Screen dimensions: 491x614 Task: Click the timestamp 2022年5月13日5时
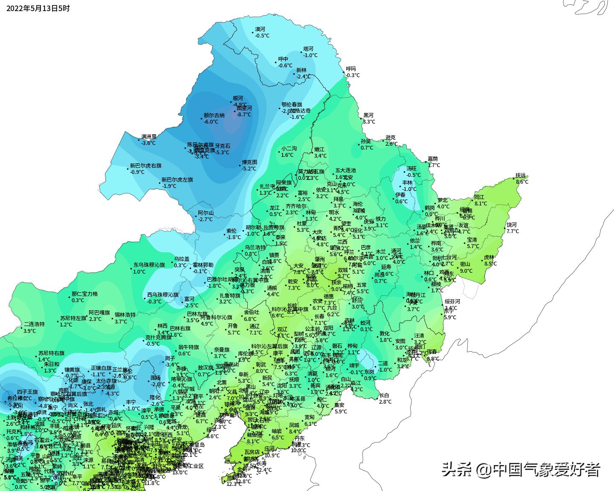click(38, 8)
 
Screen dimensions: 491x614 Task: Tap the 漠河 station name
click(260, 29)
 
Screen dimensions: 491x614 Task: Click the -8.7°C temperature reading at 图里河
click(244, 114)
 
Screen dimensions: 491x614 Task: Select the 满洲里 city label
click(149, 137)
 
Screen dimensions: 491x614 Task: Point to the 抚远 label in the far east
click(521, 175)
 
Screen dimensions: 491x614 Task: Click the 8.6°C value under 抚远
click(522, 182)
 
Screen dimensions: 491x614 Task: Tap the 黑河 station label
click(368, 116)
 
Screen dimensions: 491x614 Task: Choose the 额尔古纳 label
click(214, 116)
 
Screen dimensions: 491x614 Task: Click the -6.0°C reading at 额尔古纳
click(211, 122)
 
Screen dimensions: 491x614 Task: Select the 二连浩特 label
click(34, 324)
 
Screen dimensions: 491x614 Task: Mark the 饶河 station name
click(511, 225)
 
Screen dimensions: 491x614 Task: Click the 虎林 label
click(489, 257)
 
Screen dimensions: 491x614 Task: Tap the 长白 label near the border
click(384, 395)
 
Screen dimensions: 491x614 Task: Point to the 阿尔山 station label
click(206, 213)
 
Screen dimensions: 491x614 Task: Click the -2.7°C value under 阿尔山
click(205, 219)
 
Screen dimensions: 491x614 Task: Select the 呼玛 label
click(350, 69)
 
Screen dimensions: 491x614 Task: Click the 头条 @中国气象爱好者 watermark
click(521, 470)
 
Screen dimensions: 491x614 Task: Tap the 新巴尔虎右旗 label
click(146, 165)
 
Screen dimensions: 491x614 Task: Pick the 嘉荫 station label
click(433, 159)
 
